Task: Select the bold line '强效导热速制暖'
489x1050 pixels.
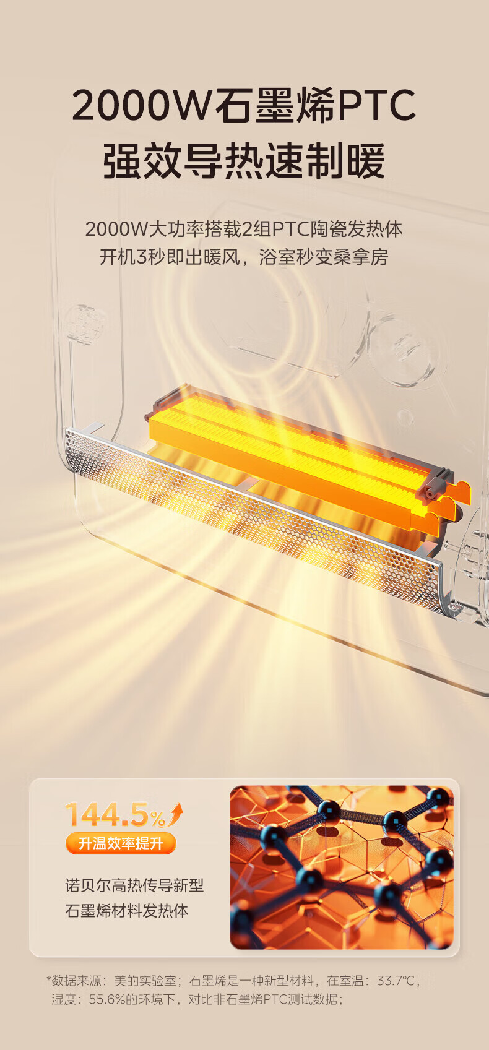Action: pyautogui.click(x=244, y=161)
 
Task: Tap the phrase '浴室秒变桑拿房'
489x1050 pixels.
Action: pyautogui.click(x=324, y=257)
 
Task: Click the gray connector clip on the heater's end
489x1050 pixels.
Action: pyautogui.click(x=434, y=485)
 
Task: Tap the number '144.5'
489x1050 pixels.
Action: pyautogui.click(x=107, y=814)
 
